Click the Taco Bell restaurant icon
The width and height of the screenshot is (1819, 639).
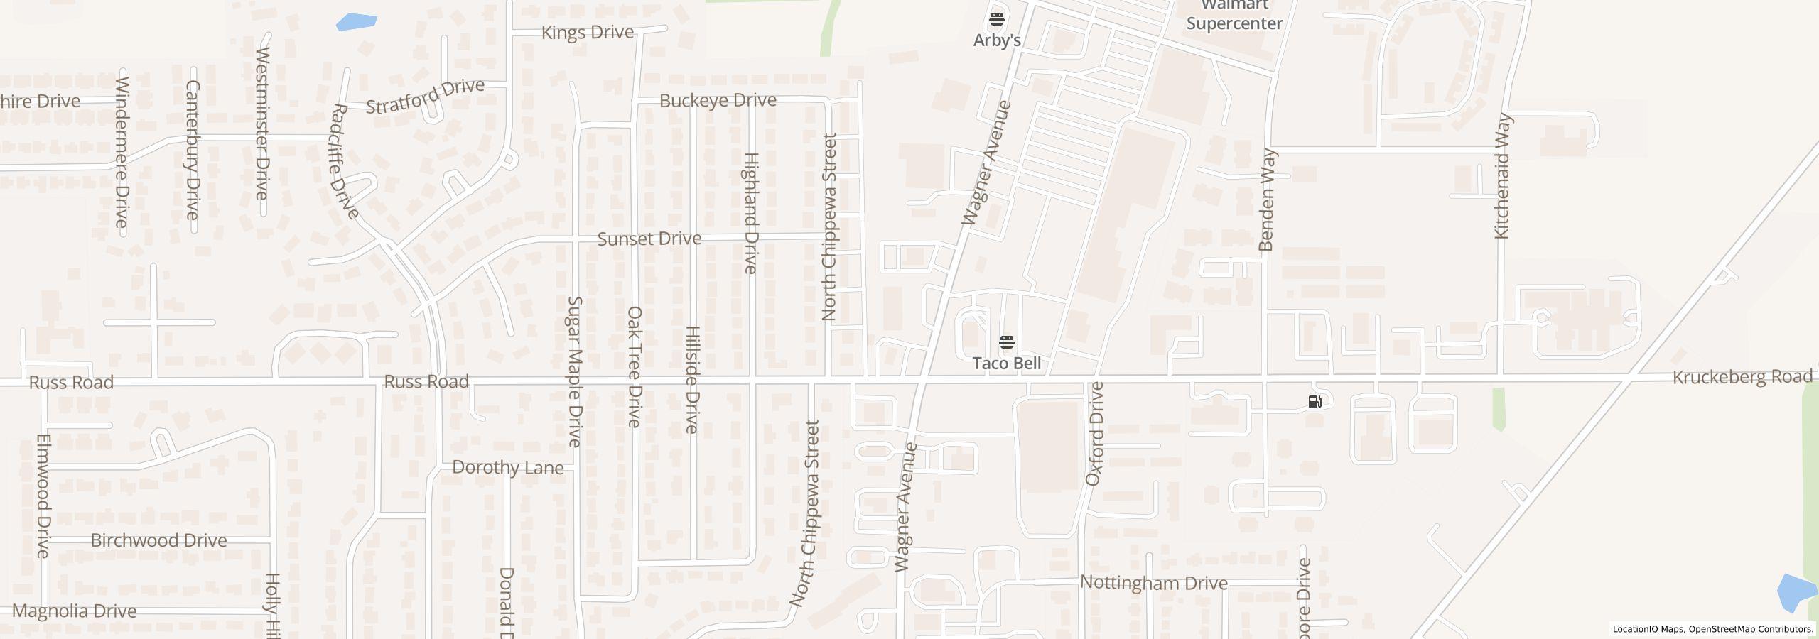tap(1006, 343)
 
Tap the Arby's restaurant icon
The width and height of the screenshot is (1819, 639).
tap(997, 18)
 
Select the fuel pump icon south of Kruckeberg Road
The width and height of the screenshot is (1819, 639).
tap(1315, 402)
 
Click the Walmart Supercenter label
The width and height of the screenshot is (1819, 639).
tap(1234, 16)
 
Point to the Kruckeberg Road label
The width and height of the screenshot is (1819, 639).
tap(1742, 376)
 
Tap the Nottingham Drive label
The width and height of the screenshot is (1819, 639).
tap(1153, 583)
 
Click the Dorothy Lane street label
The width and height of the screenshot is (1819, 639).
tap(507, 467)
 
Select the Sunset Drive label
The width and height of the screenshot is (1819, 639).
tap(649, 239)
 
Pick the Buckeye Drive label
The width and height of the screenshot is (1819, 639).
tap(718, 100)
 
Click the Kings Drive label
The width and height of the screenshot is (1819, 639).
tap(587, 33)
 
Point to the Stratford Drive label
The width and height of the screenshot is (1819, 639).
tap(425, 97)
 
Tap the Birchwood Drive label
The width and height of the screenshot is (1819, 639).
tap(158, 540)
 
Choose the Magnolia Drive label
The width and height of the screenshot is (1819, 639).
tap(74, 611)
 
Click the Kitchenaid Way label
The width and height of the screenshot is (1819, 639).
tap(1502, 176)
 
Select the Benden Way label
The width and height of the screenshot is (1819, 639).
tap(1267, 200)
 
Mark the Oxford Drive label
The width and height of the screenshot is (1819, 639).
tap(1095, 434)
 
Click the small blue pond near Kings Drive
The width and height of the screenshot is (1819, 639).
tap(356, 21)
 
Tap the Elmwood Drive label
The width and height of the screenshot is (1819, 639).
tap(43, 496)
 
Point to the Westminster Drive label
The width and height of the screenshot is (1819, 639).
tap(262, 124)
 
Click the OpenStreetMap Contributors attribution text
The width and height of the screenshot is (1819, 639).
tap(1751, 629)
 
